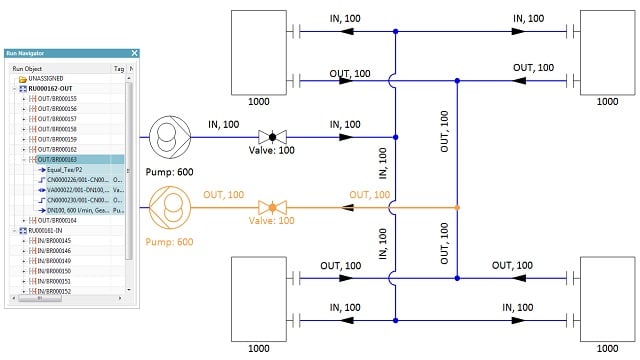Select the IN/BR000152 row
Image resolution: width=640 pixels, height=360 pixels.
(60, 291)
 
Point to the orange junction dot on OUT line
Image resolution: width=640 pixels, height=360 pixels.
(457, 208)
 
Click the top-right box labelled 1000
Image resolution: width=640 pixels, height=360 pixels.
(605, 50)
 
